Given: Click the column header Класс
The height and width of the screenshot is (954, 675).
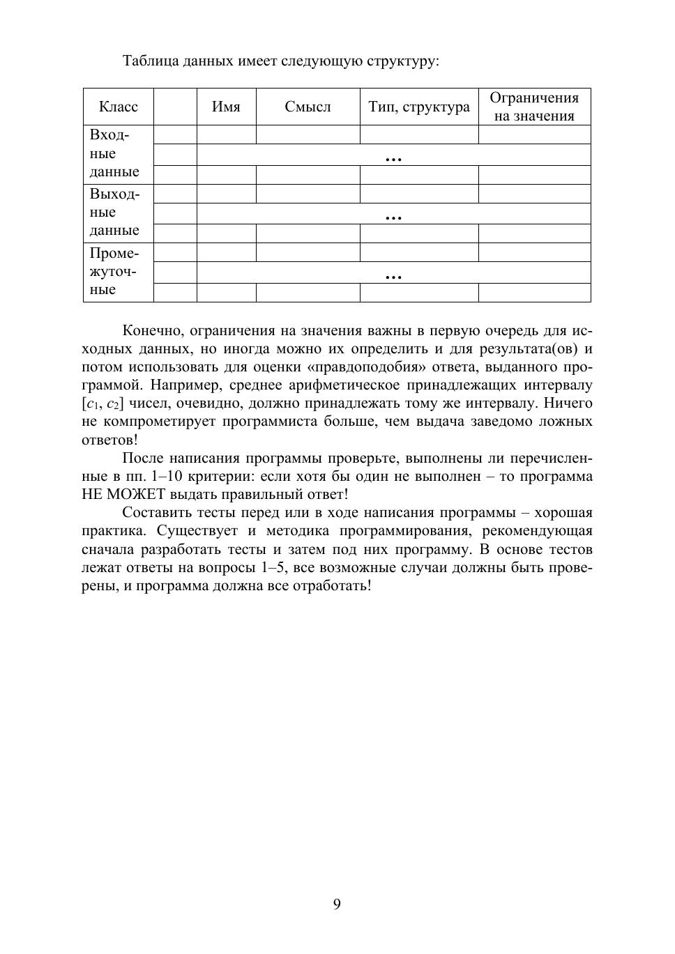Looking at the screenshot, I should tap(118, 107).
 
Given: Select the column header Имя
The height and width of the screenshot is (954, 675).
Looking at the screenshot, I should tap(226, 107).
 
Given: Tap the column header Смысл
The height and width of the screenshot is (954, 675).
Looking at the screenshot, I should tap(308, 107).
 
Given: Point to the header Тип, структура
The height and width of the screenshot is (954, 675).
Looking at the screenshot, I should tap(419, 107).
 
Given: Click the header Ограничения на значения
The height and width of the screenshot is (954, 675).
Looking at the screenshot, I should tap(534, 107).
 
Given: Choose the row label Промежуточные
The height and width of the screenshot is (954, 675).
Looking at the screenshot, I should tap(114, 271).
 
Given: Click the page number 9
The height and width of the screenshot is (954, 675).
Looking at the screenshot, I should tap(337, 905).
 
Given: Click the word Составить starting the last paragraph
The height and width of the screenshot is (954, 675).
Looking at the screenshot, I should tap(157, 513).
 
